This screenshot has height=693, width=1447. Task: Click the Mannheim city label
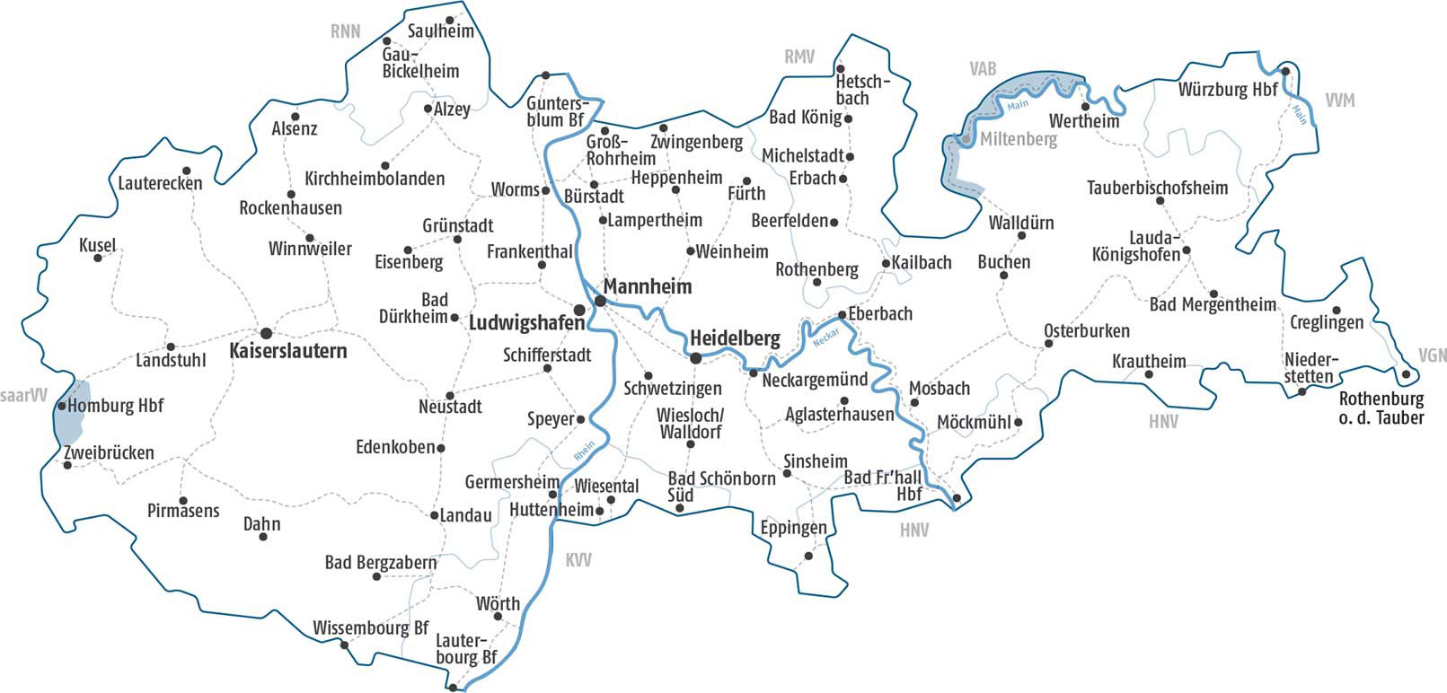click(647, 287)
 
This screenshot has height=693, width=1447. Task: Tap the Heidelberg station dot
click(695, 358)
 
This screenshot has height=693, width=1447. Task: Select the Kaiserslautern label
click(287, 351)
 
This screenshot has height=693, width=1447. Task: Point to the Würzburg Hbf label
click(1227, 91)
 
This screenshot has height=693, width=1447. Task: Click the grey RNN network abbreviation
click(345, 31)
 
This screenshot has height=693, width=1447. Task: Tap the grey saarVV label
click(23, 396)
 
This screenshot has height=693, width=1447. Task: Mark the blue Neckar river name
click(825, 338)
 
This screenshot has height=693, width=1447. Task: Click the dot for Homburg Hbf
click(61, 406)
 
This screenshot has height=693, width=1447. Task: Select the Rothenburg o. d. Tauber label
click(1381, 408)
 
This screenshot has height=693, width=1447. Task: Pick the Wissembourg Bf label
click(370, 628)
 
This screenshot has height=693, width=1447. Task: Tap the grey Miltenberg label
click(1018, 140)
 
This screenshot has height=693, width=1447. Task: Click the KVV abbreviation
click(578, 560)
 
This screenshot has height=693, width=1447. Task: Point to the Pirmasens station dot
click(183, 501)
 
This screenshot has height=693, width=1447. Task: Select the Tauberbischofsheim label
click(1157, 188)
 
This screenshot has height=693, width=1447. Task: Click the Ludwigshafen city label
click(526, 322)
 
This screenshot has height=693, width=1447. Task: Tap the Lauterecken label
click(160, 183)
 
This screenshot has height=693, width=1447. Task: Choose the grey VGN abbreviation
click(1432, 355)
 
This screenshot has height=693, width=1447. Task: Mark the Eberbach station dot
click(842, 315)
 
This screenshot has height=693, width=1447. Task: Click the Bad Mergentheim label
click(1212, 305)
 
